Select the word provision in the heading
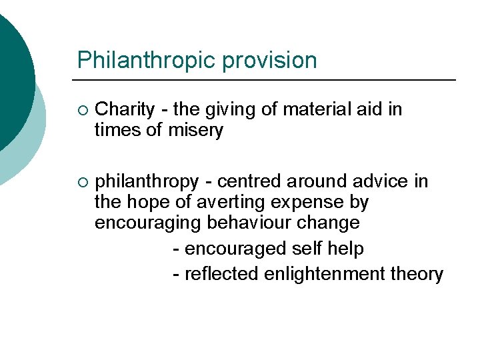point(270,61)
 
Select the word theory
point(419,274)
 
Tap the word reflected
point(221,274)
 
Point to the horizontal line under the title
point(267,80)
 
